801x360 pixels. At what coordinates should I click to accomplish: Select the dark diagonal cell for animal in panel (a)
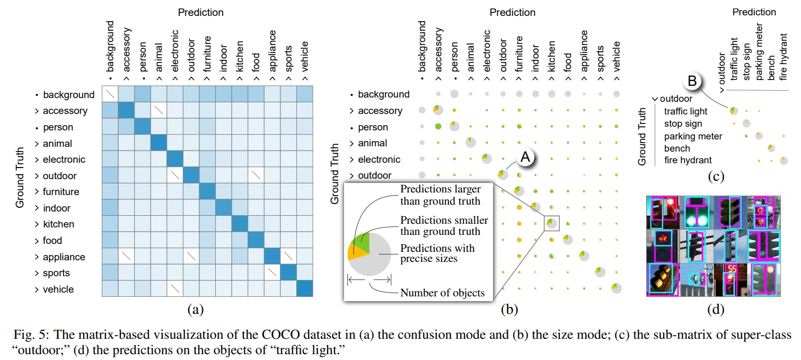(x=160, y=143)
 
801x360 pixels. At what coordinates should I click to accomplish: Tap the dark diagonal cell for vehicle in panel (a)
(x=305, y=289)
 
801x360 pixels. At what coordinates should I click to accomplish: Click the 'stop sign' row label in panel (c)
(x=683, y=124)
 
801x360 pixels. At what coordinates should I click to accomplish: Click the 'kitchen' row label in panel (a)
(x=58, y=224)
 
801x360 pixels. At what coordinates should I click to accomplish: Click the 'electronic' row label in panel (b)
(x=379, y=159)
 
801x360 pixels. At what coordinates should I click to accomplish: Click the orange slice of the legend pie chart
(x=354, y=253)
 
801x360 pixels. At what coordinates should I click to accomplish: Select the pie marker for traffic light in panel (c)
(x=734, y=111)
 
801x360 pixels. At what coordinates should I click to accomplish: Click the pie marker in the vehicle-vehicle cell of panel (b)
(x=616, y=289)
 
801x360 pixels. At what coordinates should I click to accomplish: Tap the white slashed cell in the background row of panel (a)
(x=110, y=94)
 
